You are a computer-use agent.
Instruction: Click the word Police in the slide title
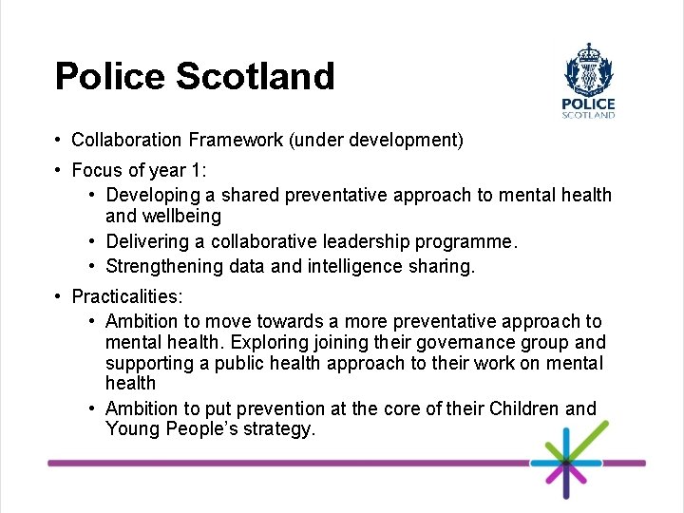(x=107, y=76)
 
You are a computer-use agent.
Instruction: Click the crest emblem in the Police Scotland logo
(x=589, y=68)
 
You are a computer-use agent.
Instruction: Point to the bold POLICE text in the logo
(x=589, y=104)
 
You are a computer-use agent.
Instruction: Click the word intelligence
(x=354, y=266)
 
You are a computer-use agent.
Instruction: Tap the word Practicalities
(x=125, y=297)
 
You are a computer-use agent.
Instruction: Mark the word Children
(x=525, y=408)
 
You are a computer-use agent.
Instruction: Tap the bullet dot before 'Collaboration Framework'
(x=59, y=141)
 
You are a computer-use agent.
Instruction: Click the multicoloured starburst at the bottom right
(x=566, y=463)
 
